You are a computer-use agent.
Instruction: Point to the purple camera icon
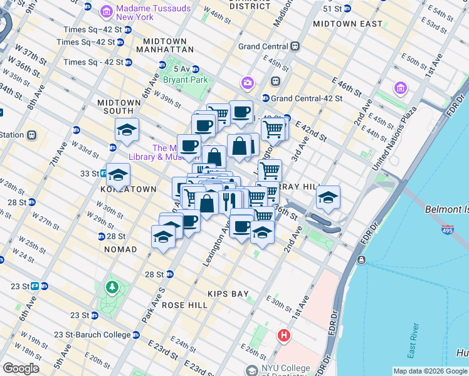tap(248, 83)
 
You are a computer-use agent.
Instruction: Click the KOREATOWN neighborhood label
tap(127, 189)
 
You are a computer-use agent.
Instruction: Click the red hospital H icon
tap(284, 336)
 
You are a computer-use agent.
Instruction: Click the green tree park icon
tap(112, 287)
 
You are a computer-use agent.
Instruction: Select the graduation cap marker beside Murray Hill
tap(328, 197)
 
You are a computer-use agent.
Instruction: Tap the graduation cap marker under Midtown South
tap(127, 130)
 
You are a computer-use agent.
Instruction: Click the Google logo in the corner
tap(21, 368)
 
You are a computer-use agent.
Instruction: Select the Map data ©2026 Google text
tap(429, 371)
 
